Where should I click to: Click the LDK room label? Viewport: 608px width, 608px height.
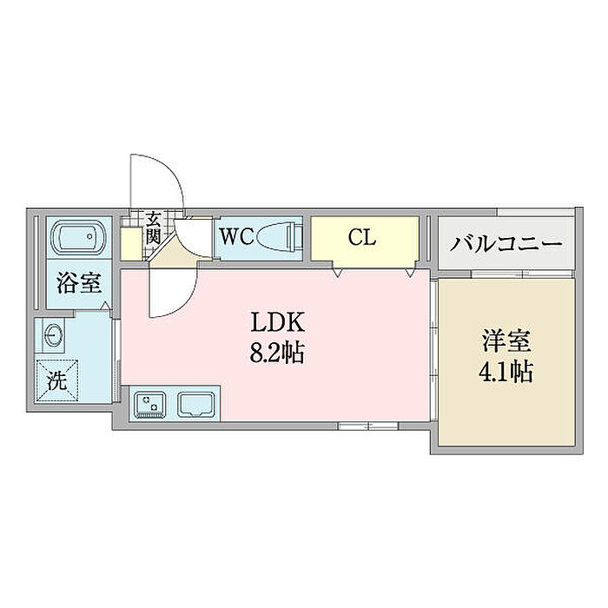pyautogui.click(x=278, y=322)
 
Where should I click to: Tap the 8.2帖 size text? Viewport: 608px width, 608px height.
pyautogui.click(x=276, y=353)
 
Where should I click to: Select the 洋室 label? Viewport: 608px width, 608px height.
pyautogui.click(x=506, y=340)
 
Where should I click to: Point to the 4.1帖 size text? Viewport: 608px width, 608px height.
pyautogui.click(x=506, y=372)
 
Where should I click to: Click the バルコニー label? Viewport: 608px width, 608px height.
pyautogui.click(x=506, y=243)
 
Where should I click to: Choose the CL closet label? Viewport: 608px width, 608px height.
pyautogui.click(x=362, y=237)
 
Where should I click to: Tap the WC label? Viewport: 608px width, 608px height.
pyautogui.click(x=237, y=236)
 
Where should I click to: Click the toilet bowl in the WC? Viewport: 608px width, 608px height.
pyautogui.click(x=279, y=236)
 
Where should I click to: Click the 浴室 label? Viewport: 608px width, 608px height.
pyautogui.click(x=79, y=282)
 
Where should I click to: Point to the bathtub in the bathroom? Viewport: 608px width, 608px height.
pyautogui.click(x=79, y=236)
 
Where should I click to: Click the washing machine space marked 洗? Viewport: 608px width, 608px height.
pyautogui.click(x=57, y=381)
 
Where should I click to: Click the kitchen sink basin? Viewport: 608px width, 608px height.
pyautogui.click(x=196, y=404)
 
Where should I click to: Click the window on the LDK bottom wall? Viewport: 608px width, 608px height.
pyautogui.click(x=368, y=426)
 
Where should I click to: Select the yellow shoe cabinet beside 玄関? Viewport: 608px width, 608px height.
pyautogui.click(x=130, y=244)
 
